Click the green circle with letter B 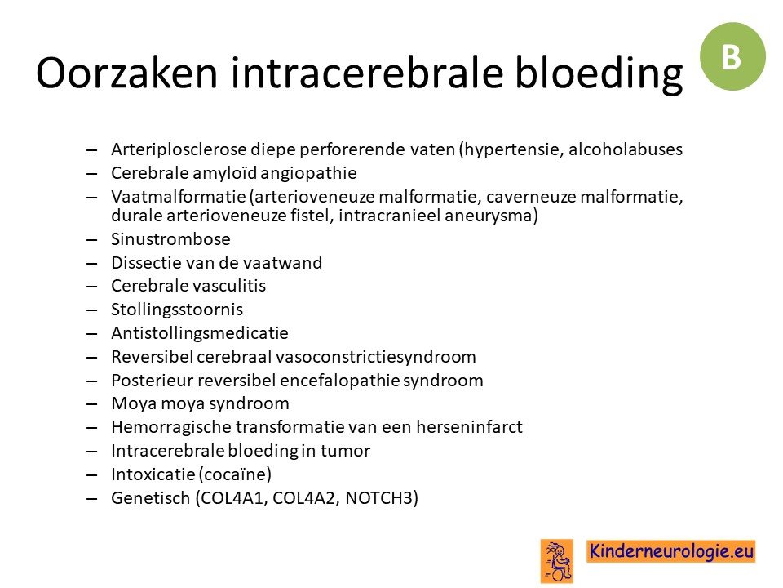(732, 56)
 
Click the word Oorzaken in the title (127, 73)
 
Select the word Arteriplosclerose (179, 149)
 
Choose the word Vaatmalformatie (179, 197)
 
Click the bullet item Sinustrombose (170, 239)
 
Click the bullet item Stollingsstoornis (177, 310)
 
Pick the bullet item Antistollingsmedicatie (200, 333)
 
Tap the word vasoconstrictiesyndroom (375, 357)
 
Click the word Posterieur (152, 381)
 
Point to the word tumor (345, 451)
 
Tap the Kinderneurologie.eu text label (670, 551)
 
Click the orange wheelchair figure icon (557, 561)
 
